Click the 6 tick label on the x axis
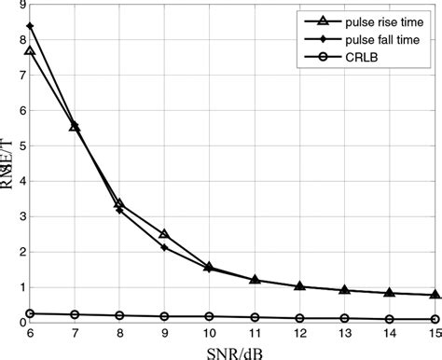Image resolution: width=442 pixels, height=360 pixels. pyautogui.click(x=30, y=332)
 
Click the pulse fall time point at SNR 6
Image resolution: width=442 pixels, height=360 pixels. pyautogui.click(x=30, y=26)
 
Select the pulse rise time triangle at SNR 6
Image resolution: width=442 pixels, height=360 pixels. pyautogui.click(x=30, y=51)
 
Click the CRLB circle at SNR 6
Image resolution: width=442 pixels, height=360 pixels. pyautogui.click(x=30, y=313)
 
